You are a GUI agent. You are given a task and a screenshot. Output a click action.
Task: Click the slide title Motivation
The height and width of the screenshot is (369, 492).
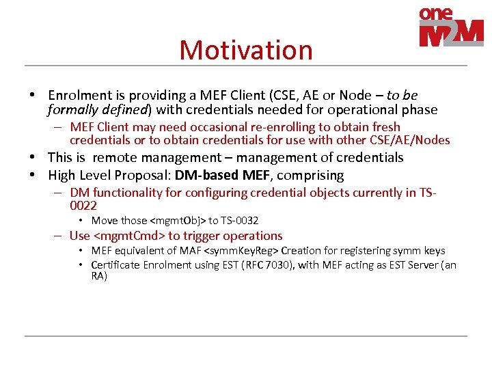point(245,50)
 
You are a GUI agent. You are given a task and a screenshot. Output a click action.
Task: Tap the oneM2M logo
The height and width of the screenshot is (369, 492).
point(451,27)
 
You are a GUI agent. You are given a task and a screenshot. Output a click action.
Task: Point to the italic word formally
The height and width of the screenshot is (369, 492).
point(72,110)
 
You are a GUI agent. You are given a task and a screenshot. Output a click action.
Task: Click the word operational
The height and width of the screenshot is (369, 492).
point(366,110)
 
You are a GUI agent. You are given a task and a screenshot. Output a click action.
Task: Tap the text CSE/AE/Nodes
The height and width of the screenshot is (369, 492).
point(409,140)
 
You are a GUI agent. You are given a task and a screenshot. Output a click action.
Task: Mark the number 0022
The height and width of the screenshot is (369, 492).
point(83,206)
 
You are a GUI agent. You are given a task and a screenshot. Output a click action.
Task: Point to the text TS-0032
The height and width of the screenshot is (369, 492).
point(240,220)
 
